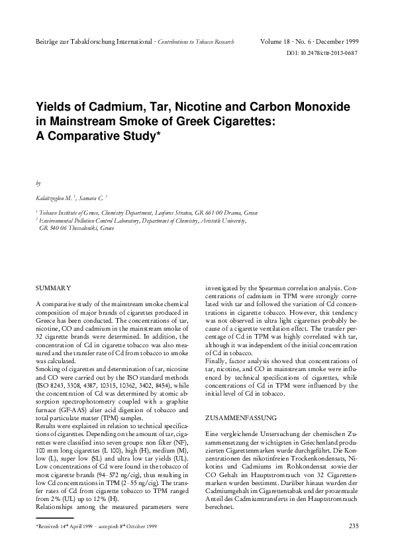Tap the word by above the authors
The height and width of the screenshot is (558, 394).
(x=38, y=181)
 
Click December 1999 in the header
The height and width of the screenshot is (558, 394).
(x=338, y=42)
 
